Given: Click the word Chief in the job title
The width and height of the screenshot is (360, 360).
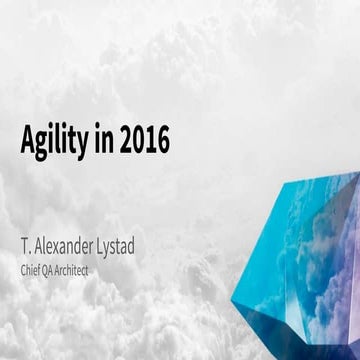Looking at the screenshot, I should click(x=32, y=270).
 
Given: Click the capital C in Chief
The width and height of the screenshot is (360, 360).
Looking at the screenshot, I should click(x=23, y=270).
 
